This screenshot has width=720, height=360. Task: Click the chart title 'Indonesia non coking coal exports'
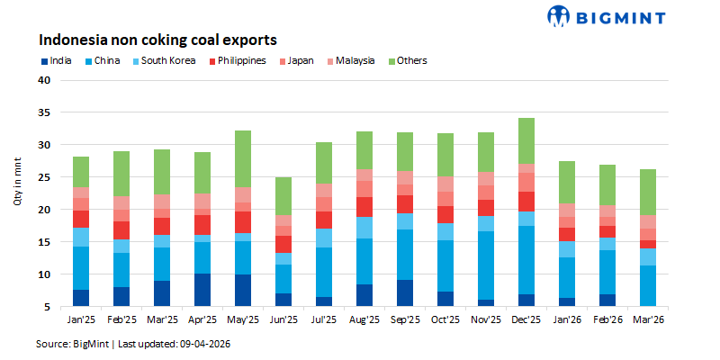point(156,40)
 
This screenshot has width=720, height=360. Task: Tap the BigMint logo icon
point(559,15)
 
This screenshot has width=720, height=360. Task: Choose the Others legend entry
point(406,61)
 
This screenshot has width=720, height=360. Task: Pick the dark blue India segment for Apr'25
point(203,290)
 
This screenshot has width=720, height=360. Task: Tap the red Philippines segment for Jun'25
point(283,244)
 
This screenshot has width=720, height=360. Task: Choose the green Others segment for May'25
point(243,158)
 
